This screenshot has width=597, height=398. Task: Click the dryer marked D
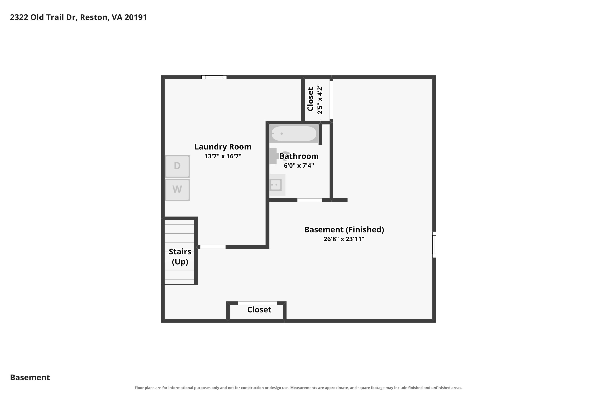click(177, 166)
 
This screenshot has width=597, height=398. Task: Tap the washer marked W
click(177, 190)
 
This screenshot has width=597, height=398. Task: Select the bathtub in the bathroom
click(294, 134)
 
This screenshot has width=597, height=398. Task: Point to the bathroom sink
click(277, 185)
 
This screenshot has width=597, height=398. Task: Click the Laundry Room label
click(223, 147)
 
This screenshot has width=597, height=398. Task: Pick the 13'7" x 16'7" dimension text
click(223, 156)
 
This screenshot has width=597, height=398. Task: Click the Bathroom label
click(299, 156)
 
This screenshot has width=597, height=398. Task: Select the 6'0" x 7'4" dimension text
click(299, 166)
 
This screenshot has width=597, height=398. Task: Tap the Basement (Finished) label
click(344, 230)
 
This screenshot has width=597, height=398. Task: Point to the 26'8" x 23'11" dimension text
click(344, 239)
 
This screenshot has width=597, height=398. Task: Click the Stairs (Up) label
click(180, 257)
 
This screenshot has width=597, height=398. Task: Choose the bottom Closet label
click(259, 310)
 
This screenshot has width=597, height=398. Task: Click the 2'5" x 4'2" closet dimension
click(320, 99)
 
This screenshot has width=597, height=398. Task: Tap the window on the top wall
click(214, 77)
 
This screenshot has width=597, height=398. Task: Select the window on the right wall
click(434, 245)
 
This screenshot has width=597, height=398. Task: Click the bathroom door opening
click(309, 200)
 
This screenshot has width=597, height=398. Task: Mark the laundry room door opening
click(213, 247)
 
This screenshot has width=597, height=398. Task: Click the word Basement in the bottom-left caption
click(30, 378)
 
